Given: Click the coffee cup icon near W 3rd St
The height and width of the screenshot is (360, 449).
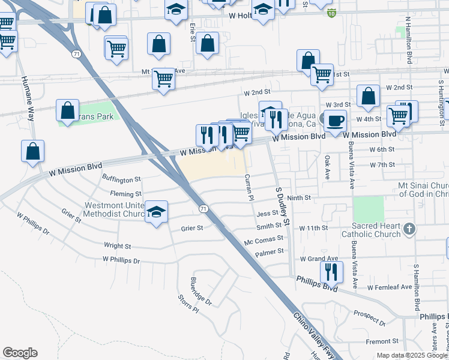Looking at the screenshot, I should click(335, 120).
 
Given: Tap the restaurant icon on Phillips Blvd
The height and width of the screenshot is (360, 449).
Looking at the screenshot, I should click(331, 272).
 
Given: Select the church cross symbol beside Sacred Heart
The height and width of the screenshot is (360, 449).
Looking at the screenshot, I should click(409, 228).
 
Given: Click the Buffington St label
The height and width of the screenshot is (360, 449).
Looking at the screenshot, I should click(121, 179).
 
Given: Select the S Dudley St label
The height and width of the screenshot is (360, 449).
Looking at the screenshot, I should click(282, 205).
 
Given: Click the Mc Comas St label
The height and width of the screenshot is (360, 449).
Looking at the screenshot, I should click(263, 242).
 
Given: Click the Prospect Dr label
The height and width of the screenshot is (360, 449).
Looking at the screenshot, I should click(369, 317).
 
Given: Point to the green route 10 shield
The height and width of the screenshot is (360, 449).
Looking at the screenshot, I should click(332, 13).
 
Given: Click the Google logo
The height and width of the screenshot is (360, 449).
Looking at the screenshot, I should click(20, 353).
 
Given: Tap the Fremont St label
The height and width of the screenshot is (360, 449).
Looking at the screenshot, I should click(382, 341).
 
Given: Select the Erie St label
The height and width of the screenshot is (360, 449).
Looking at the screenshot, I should click(193, 30).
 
